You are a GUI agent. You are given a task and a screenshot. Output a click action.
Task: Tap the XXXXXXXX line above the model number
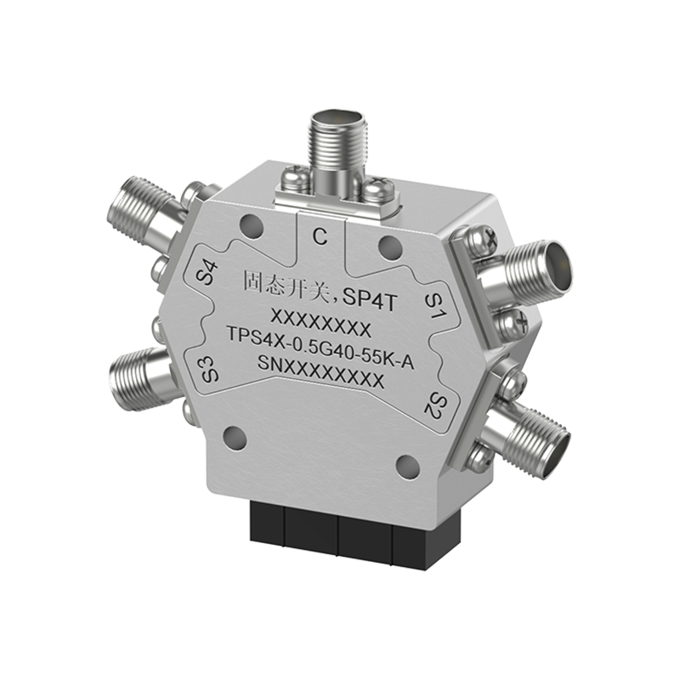pos(320,326)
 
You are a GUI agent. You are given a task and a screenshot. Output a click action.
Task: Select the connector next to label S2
pos(531,433)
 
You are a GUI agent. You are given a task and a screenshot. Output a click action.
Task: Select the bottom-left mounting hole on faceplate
pos(236,440)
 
